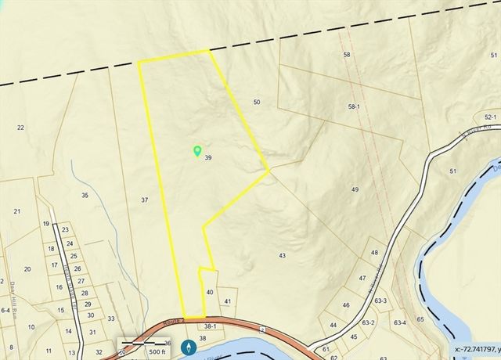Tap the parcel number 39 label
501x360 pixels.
(x=208, y=158)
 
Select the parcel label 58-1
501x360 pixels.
(x=353, y=106)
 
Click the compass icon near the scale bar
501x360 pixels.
(x=188, y=346)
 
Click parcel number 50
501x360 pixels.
(x=257, y=103)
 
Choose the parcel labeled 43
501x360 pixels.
(x=282, y=255)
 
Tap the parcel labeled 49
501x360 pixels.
(x=355, y=190)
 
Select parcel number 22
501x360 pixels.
(x=20, y=128)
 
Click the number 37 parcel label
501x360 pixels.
(x=144, y=200)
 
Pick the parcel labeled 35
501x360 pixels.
(x=85, y=195)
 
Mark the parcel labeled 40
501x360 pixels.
(x=209, y=292)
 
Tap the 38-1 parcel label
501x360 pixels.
(x=209, y=326)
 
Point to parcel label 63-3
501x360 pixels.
(x=380, y=300)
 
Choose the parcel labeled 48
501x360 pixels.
(x=374, y=253)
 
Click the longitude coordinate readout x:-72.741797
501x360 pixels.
(x=477, y=350)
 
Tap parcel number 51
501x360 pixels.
(x=452, y=171)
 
